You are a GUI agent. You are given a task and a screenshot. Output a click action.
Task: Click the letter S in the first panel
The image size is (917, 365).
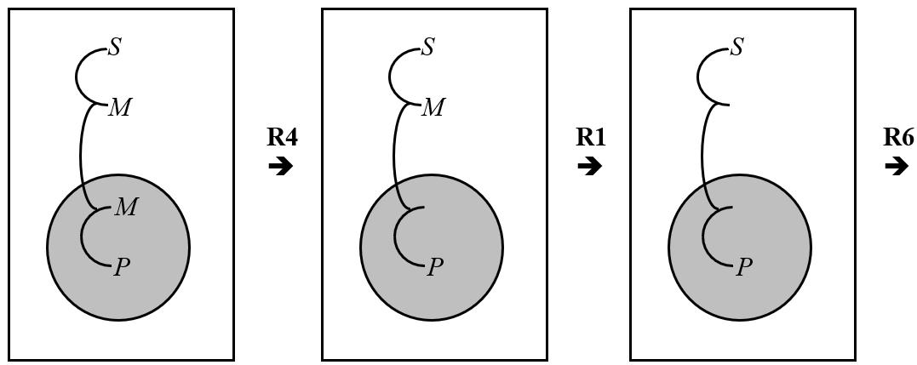click(115, 48)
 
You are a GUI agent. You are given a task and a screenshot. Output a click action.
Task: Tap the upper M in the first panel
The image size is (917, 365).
click(120, 108)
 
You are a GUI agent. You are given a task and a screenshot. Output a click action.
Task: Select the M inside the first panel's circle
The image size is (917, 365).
click(125, 207)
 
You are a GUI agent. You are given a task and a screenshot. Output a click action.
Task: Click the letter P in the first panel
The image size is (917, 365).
click(122, 267)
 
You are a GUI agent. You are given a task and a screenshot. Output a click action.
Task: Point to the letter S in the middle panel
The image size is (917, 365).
click(428, 48)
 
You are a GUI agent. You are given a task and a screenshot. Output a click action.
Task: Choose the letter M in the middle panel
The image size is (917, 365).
click(433, 108)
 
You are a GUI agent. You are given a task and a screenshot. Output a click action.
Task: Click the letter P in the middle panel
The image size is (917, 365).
click(435, 267)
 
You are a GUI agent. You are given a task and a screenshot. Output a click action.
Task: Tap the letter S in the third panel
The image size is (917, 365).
click(737, 48)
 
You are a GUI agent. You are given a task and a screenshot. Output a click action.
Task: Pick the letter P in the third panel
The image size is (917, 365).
click(744, 267)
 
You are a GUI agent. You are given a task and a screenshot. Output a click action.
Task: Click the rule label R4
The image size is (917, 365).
click(282, 137)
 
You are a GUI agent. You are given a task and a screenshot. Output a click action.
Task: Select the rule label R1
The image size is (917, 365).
click(591, 137)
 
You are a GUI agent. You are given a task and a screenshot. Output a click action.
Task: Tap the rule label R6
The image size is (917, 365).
click(898, 137)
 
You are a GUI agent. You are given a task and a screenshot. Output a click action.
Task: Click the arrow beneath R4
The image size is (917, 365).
click(280, 166)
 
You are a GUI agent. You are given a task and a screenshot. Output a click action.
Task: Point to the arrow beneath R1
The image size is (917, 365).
click(589, 166)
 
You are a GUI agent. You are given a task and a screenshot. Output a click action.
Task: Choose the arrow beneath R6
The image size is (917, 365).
click(897, 166)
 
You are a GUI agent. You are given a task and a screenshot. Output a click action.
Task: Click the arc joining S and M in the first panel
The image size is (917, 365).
click(77, 77)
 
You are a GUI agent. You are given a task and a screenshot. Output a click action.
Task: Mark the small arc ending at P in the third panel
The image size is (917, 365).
click(704, 238)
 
